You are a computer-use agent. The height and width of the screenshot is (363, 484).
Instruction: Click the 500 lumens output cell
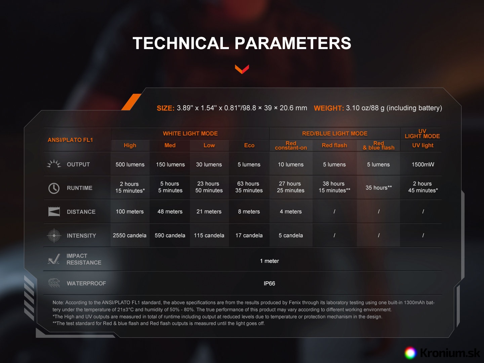[130, 164]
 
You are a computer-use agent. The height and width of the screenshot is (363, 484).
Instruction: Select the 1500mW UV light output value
[423, 164]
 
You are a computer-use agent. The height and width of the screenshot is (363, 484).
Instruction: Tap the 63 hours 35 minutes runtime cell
[249, 187]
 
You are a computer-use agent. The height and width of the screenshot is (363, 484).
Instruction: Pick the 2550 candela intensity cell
[129, 235]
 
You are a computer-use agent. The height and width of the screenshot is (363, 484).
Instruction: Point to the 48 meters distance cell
[170, 212]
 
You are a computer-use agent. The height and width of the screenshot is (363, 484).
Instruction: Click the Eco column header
[249, 146]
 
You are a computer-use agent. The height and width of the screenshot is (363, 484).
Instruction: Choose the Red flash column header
[334, 146]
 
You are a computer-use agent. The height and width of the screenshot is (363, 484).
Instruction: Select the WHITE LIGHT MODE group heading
[190, 133]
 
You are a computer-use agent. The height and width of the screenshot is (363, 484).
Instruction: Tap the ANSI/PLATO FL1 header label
[70, 140]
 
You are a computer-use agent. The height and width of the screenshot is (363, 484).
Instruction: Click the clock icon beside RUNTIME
[54, 188]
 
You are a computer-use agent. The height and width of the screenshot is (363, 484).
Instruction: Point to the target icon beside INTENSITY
[54, 235]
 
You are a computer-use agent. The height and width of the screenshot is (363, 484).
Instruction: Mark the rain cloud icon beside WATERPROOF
[54, 283]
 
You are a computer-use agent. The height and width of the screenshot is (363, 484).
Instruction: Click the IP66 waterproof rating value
[269, 283]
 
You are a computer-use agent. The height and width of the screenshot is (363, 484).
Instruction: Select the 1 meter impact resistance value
[269, 261]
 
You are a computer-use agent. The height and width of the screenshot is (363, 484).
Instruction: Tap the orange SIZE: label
[165, 108]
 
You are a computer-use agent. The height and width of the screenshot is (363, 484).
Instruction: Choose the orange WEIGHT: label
[329, 108]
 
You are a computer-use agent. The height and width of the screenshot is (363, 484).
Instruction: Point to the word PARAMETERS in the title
[293, 43]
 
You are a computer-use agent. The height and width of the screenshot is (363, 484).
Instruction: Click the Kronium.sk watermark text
[450, 353]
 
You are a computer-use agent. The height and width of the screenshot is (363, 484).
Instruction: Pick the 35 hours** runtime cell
[378, 188]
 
